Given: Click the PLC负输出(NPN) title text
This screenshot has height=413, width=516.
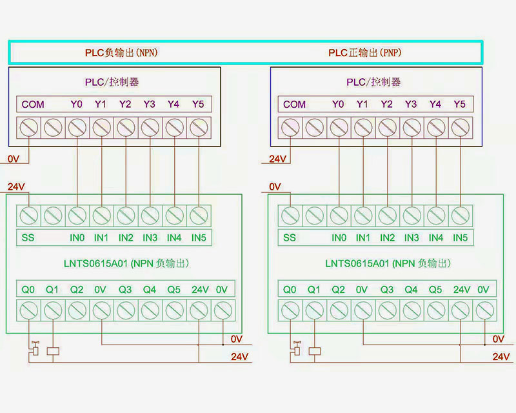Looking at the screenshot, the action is tap(121, 53).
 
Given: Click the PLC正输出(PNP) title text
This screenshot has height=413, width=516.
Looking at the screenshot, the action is tap(364, 53).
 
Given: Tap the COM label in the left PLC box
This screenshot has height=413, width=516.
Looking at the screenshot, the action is tap(33, 105).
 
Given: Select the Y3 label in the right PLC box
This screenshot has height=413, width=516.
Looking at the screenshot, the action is tap(411, 104).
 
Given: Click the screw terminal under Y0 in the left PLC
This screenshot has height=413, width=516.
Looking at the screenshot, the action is tap(77, 128).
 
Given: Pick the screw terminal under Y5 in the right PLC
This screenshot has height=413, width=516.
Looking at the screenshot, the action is tap(461, 128).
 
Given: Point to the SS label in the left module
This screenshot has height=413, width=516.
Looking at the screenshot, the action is tap(28, 237).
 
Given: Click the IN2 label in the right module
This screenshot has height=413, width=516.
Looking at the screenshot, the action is tap(387, 237).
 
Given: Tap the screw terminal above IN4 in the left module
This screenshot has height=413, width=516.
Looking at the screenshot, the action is tap(174, 216).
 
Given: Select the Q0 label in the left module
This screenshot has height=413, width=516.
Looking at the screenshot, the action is tap(28, 290).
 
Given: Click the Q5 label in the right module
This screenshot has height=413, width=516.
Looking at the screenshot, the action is tap(435, 290).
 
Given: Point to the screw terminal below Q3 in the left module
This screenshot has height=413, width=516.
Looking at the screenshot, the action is tap(126, 310).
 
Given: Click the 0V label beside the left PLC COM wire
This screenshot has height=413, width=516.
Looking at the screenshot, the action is tap(14, 159).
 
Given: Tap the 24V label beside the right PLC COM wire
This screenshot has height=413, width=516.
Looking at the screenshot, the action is tap(278, 159).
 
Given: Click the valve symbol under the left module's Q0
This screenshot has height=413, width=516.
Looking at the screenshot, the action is tap(35, 348).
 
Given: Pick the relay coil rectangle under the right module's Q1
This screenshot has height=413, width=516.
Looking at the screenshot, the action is tap(315, 352).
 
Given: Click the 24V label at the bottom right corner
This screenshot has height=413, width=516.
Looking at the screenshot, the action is tap(501, 356).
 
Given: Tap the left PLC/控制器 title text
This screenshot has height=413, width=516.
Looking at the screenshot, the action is tap(112, 82).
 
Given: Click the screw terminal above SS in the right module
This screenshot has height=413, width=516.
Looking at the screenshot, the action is tap(291, 216).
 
